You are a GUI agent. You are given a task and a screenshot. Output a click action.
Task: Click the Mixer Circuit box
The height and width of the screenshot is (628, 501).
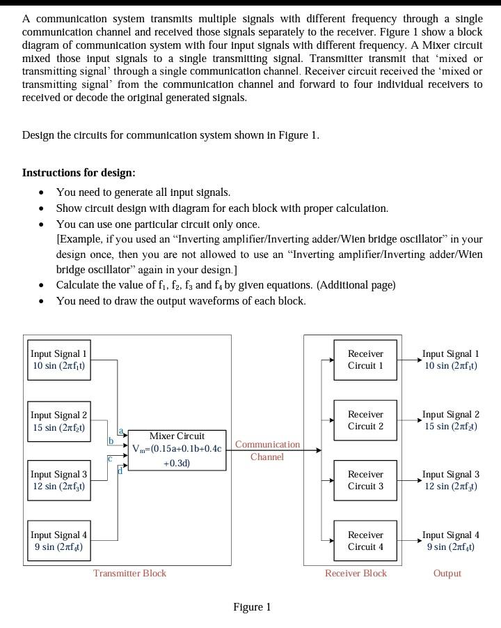pos(177,450)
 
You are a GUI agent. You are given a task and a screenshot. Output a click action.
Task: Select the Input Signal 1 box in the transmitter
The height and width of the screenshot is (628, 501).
pos(59,360)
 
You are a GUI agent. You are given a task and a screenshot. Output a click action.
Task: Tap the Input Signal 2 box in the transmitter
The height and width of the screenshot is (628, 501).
pos(59,420)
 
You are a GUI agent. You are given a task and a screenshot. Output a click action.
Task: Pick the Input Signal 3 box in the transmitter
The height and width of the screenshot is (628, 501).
pos(59,480)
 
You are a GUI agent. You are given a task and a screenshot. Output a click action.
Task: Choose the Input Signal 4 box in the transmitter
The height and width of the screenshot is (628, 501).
pos(59,541)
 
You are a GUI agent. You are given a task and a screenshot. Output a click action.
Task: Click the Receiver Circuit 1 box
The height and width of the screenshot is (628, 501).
pos(365,360)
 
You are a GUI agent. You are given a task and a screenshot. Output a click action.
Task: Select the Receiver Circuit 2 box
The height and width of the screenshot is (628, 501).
pos(365,420)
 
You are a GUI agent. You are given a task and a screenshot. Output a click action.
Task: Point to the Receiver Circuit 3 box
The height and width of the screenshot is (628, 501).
pos(365,480)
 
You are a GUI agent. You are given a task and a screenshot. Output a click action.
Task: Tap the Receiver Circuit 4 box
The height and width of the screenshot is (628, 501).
pos(365,541)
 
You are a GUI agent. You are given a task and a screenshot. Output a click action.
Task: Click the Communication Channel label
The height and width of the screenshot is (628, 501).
pos(267,450)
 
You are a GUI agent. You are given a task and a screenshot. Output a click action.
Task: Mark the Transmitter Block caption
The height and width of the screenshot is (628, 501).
pos(129,573)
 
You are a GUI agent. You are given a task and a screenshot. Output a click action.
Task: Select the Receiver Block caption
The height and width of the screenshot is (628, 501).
pos(356,573)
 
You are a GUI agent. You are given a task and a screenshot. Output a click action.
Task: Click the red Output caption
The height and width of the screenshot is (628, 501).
pos(447,573)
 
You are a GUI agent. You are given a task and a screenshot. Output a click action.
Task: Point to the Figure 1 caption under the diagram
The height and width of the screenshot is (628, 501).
pos(252,607)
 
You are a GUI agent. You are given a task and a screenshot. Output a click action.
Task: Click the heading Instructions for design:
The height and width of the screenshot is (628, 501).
pos(79,172)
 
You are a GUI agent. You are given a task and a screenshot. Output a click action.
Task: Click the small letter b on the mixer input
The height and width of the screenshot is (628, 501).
pos(110,441)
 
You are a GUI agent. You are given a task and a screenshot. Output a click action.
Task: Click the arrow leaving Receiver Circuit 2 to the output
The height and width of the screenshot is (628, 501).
pos(408,420)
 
